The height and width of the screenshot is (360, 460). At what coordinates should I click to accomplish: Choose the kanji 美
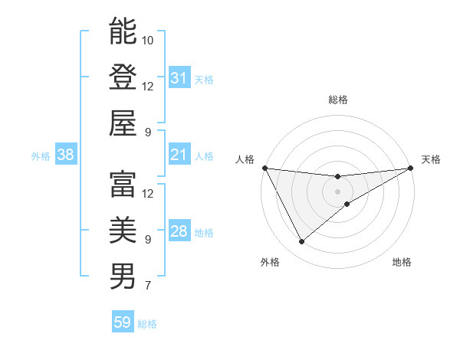[123, 230]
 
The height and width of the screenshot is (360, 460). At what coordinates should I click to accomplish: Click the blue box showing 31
[179, 78]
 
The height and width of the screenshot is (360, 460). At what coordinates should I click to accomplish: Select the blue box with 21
[179, 155]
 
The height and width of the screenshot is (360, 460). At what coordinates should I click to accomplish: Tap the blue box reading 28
[179, 231]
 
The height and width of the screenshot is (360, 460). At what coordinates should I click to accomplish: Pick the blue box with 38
[65, 155]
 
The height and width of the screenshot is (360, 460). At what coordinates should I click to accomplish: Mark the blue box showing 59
[122, 322]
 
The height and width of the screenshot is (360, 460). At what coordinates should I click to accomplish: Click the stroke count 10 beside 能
[148, 40]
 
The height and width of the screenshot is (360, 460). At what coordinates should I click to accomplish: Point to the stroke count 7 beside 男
[147, 286]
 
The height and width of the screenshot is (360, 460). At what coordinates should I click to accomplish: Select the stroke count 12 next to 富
[148, 193]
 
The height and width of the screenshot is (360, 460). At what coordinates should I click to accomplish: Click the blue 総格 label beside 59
[147, 324]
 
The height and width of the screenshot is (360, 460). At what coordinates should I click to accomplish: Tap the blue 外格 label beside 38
[41, 156]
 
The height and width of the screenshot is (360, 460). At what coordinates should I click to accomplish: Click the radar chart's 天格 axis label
[431, 159]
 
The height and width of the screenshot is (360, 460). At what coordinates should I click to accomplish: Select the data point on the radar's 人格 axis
[264, 168]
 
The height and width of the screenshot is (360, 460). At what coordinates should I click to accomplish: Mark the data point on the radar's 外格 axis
[301, 242]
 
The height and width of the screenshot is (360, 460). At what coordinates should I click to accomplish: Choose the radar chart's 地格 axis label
[402, 262]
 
